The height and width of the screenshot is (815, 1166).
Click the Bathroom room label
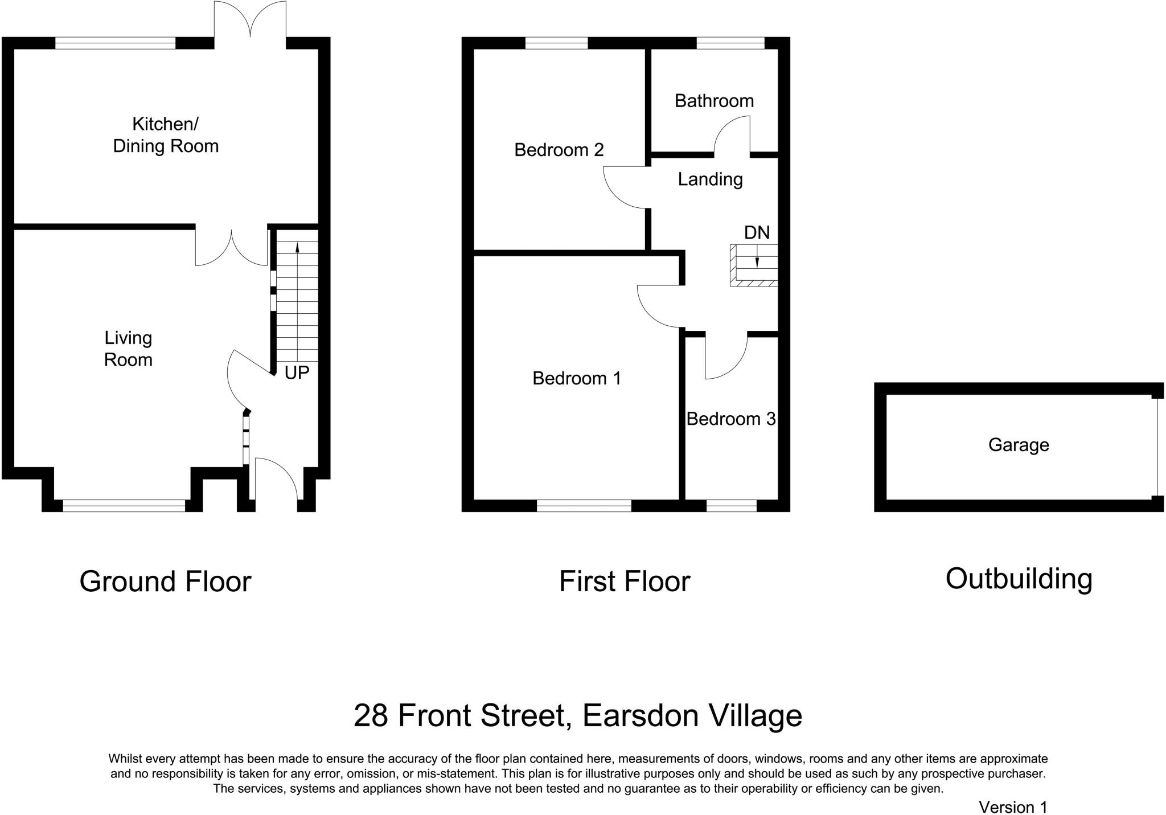tap(714, 101)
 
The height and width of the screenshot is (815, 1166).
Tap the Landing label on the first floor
tap(710, 180)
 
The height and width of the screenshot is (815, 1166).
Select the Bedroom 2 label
tap(559, 150)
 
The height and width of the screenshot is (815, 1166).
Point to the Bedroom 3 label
tap(731, 419)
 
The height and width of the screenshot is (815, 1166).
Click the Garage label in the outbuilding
tap(1019, 445)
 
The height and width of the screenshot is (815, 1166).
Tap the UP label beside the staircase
tap(297, 372)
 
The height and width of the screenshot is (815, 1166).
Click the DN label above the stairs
tap(757, 232)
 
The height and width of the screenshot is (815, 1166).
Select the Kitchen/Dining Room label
tap(166, 135)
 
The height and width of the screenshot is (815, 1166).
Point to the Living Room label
tap(128, 349)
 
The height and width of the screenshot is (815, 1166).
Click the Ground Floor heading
tap(165, 581)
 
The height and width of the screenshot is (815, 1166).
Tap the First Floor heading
tap(625, 581)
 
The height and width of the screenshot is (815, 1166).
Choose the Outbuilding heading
tap(1019, 579)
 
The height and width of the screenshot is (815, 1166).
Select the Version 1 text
tap(1013, 807)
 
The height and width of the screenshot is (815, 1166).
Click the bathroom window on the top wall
tap(730, 43)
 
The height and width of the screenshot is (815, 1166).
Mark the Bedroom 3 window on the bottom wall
tap(732, 506)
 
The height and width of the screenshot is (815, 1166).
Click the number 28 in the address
tap(371, 715)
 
